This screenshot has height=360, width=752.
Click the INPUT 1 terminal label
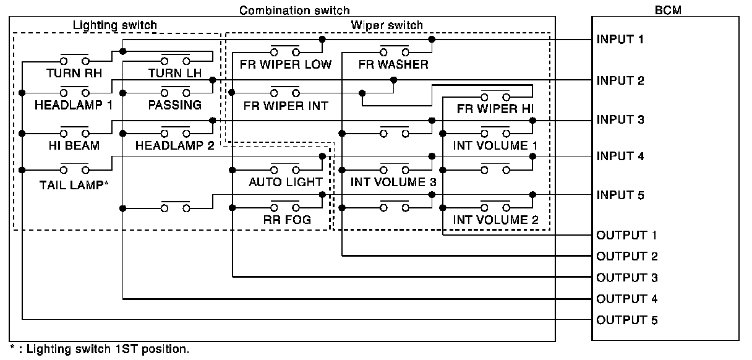(x=620, y=40)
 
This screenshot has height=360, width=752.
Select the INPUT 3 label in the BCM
(x=620, y=119)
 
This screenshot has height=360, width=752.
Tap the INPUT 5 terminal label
(x=620, y=195)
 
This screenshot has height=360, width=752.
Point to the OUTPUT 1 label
(x=626, y=235)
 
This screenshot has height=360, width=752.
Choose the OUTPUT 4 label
(x=627, y=299)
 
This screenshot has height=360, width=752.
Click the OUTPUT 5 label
(x=627, y=320)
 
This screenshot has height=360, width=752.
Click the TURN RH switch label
(x=74, y=73)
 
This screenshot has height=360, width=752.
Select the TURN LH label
(x=175, y=73)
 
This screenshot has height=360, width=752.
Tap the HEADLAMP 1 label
(x=74, y=105)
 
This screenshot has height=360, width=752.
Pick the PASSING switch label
(x=175, y=105)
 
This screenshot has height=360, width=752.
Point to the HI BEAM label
(x=74, y=145)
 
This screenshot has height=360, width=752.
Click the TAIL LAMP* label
(x=74, y=185)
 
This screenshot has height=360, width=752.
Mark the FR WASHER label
(x=393, y=64)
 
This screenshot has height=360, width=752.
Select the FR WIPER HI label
(x=495, y=109)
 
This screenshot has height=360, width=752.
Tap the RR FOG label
(x=287, y=220)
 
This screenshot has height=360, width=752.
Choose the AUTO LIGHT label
(x=285, y=182)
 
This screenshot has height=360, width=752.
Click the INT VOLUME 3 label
(x=393, y=182)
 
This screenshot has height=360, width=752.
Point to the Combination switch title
(x=294, y=11)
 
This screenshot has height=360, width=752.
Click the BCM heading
(x=668, y=10)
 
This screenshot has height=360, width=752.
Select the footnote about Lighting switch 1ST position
(x=100, y=349)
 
